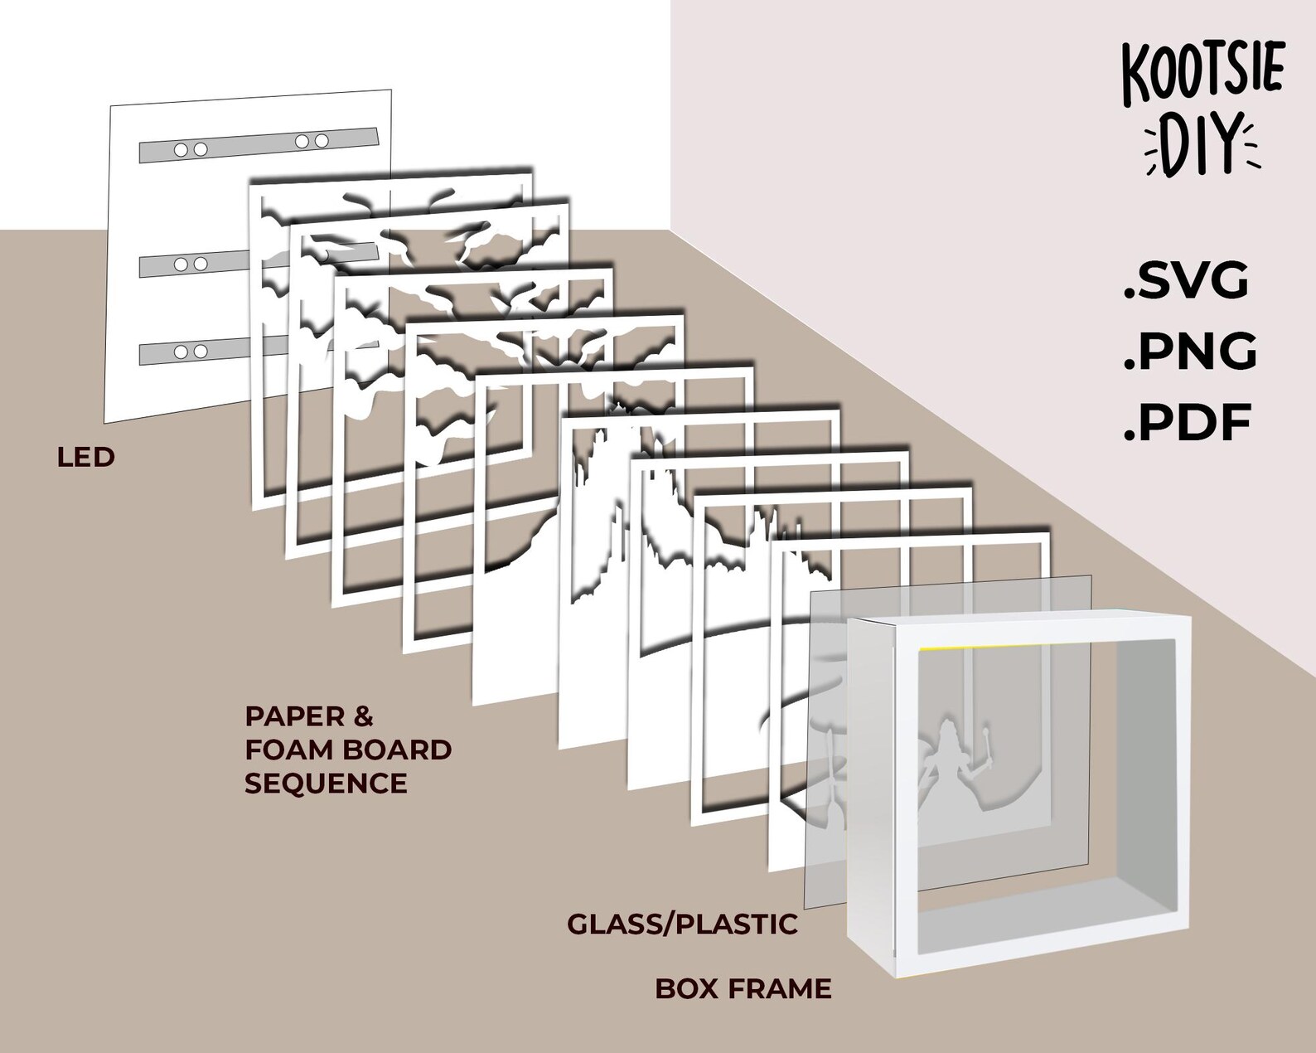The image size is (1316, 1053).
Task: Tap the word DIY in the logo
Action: [1202, 149]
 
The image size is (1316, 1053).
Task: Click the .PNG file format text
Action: [1189, 352]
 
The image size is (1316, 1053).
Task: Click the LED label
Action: [85, 458]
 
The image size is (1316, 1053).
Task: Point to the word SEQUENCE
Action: [326, 784]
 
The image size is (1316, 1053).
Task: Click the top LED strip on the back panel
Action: [259, 144]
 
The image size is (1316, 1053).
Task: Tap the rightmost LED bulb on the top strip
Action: [321, 141]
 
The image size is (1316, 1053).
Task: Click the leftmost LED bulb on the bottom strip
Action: [181, 352]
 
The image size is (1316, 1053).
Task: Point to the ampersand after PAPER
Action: [363, 716]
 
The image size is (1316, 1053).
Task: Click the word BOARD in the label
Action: [397, 750]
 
